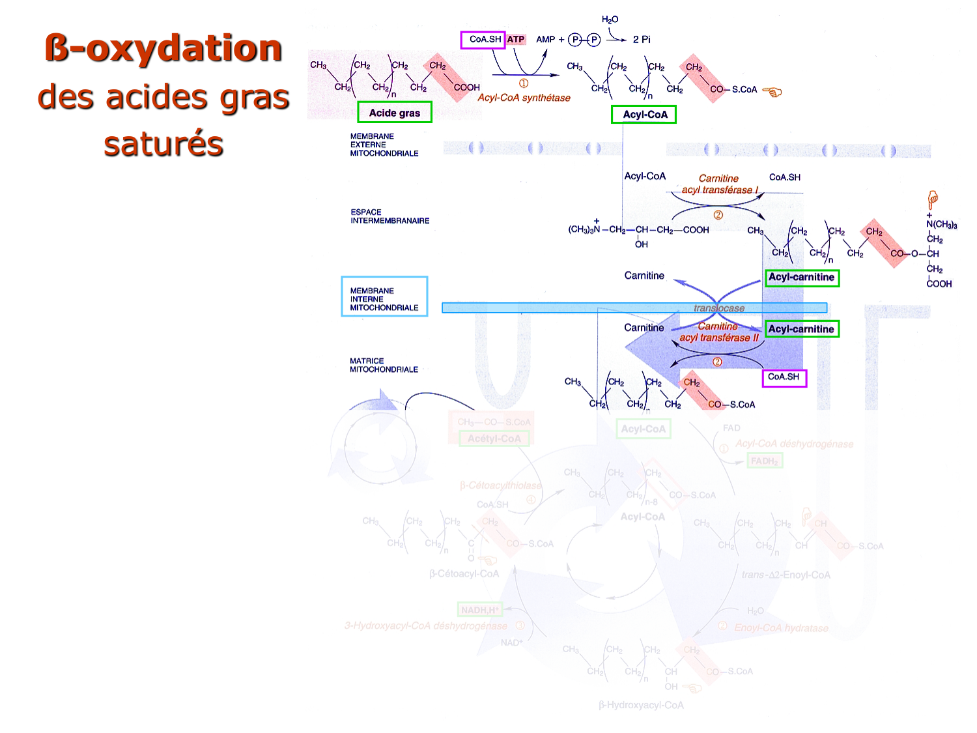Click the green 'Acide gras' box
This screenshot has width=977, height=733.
395,112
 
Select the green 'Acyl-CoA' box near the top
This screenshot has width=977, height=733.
644,115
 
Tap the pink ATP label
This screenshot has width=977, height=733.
516,40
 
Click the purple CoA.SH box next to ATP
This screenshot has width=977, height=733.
483,40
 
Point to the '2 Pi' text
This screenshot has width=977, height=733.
642,40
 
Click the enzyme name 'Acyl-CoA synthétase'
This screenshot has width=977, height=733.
524,98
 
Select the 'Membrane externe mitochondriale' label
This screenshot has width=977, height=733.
384,145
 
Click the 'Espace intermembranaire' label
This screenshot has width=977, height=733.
389,216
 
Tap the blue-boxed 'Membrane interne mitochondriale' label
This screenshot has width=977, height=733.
384,299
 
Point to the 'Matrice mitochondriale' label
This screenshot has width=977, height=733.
384,365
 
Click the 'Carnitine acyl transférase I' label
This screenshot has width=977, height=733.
719,184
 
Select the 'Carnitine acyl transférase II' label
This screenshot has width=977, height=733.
718,332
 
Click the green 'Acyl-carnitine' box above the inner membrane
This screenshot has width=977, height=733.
801,278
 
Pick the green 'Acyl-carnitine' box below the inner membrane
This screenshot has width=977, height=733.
801,329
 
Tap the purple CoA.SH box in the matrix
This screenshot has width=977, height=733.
784,377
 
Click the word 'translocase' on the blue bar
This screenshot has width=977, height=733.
719,308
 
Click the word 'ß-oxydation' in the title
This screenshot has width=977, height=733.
163,49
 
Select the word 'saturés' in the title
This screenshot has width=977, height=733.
163,144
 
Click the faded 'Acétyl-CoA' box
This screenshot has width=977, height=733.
494,438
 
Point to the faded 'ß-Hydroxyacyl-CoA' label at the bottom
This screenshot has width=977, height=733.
641,705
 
